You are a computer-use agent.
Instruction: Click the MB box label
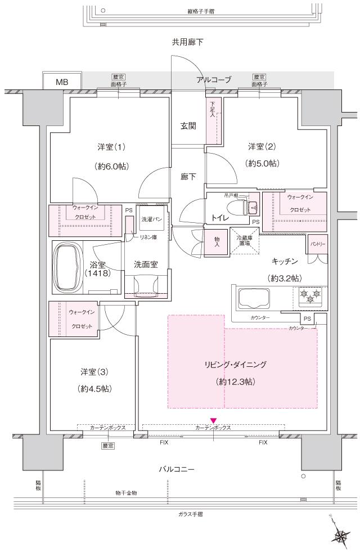(x=62, y=82)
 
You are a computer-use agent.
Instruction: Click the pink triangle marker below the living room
(x=213, y=420)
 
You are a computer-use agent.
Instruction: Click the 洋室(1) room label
(x=111, y=147)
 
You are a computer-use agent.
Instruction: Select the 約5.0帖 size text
(x=263, y=163)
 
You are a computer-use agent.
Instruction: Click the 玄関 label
(x=188, y=126)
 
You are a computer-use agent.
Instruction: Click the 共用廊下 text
(x=187, y=43)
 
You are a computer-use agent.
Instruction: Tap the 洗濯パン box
(x=151, y=218)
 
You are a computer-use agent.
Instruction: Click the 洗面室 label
(x=145, y=264)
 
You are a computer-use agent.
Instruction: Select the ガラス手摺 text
(x=187, y=514)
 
